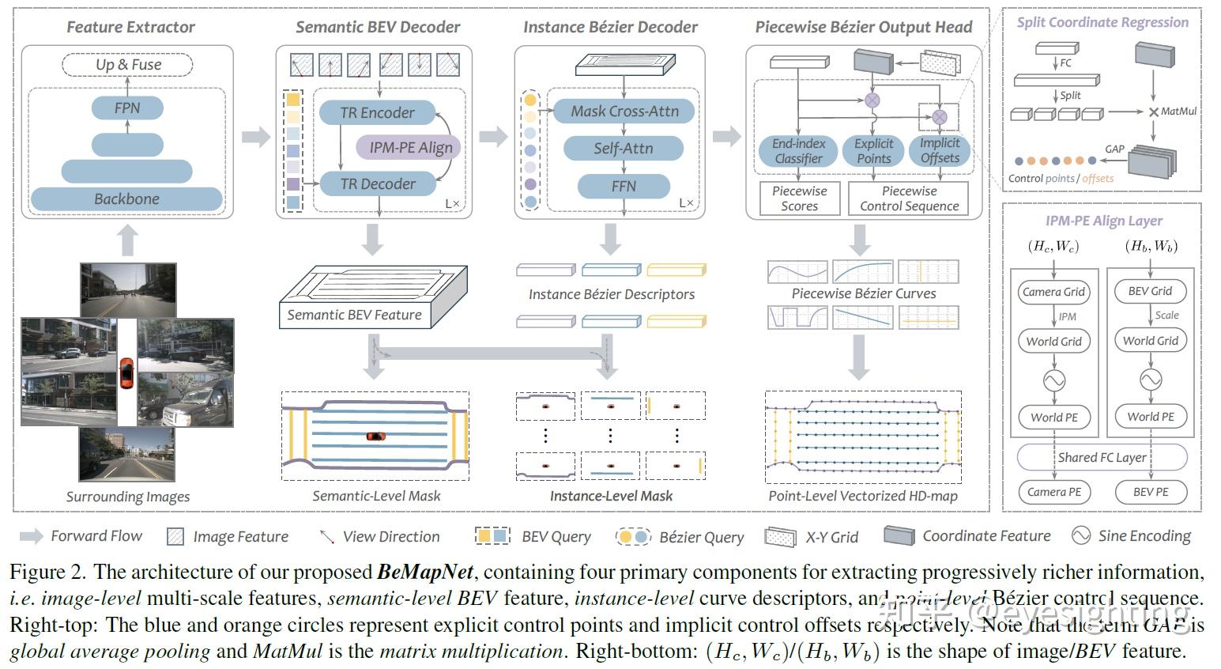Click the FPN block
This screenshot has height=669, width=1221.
(x=127, y=108)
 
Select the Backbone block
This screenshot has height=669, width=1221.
(x=126, y=198)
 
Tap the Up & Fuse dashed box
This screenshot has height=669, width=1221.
(x=128, y=65)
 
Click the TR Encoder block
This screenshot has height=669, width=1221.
(x=377, y=112)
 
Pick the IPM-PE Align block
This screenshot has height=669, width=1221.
(x=411, y=147)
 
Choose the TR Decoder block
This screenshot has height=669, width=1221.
(x=378, y=184)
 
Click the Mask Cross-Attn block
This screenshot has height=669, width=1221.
(x=624, y=111)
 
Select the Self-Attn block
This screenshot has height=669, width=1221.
(x=623, y=148)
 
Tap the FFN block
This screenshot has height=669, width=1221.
(x=623, y=186)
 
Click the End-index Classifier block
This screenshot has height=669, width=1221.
(x=798, y=151)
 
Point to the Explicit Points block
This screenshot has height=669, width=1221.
(x=873, y=151)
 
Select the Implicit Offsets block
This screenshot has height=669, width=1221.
(x=940, y=150)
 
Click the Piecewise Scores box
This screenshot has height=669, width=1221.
(x=799, y=198)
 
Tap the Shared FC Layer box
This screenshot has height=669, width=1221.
(x=1102, y=457)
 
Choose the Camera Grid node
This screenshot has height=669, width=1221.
(x=1053, y=292)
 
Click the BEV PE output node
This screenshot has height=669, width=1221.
(x=1150, y=492)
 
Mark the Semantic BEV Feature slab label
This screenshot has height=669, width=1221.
(x=354, y=315)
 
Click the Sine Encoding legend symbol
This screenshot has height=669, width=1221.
(x=1080, y=535)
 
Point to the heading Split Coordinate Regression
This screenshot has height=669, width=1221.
(x=1102, y=22)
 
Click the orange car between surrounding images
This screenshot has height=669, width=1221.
(x=126, y=372)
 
